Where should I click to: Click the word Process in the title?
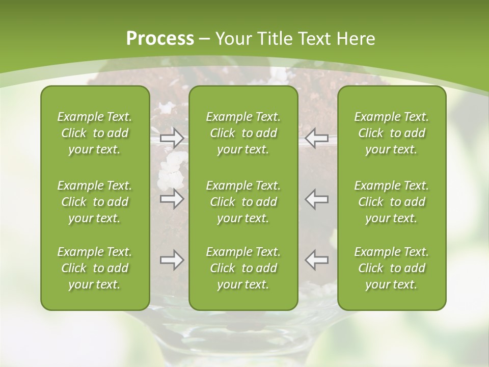(x=160, y=39)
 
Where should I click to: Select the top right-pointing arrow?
(x=172, y=138)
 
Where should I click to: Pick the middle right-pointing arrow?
(x=172, y=199)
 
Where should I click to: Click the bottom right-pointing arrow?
(x=172, y=260)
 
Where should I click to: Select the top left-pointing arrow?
(x=317, y=138)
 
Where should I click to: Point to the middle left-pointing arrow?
(x=317, y=199)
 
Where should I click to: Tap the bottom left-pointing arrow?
(x=317, y=260)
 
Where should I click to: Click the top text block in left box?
(x=95, y=133)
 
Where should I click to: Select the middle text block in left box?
(x=95, y=202)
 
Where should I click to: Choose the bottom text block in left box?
(x=95, y=268)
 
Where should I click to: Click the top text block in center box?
(x=243, y=133)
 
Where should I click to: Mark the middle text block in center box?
(x=243, y=202)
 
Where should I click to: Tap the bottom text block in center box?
(x=243, y=268)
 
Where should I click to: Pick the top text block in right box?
(x=392, y=133)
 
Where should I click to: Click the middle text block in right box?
(x=392, y=202)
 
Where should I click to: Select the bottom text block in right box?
(x=392, y=268)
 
